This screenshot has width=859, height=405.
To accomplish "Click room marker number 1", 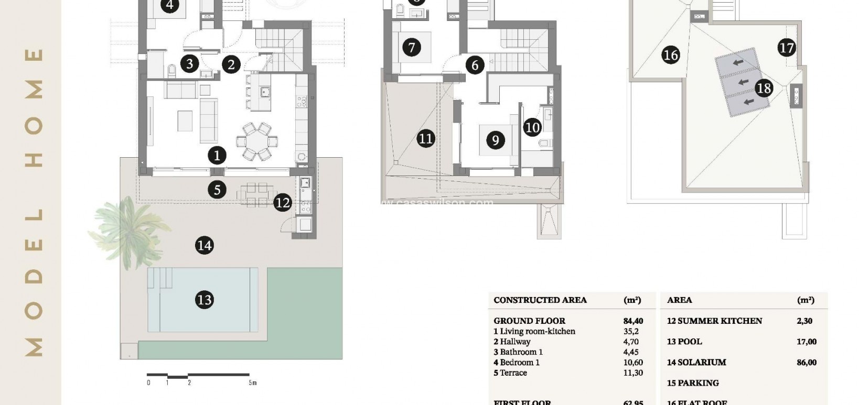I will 217,155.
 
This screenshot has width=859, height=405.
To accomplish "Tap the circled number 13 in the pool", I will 204,300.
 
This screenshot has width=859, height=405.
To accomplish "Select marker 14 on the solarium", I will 204,245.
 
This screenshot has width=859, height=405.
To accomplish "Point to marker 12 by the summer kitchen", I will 282,202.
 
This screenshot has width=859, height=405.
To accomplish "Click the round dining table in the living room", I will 257,141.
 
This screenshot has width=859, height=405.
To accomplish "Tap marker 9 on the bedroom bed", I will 495,140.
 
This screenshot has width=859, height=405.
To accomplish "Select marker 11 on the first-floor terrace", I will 426,139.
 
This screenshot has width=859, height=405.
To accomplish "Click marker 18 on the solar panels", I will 764,88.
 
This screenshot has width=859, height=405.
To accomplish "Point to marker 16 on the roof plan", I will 671,55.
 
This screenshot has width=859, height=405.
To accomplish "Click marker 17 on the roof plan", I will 787,48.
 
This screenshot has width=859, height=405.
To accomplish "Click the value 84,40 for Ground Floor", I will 633,321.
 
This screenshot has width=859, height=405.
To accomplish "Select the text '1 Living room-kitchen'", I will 534,332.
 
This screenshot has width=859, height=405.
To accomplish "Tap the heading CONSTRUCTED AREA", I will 540,300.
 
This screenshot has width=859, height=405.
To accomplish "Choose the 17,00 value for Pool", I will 806,342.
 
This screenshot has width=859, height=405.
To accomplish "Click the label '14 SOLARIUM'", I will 696,363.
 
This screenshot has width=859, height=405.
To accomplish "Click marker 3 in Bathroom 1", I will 189,64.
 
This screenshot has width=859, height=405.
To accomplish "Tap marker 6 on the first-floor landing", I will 475,65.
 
